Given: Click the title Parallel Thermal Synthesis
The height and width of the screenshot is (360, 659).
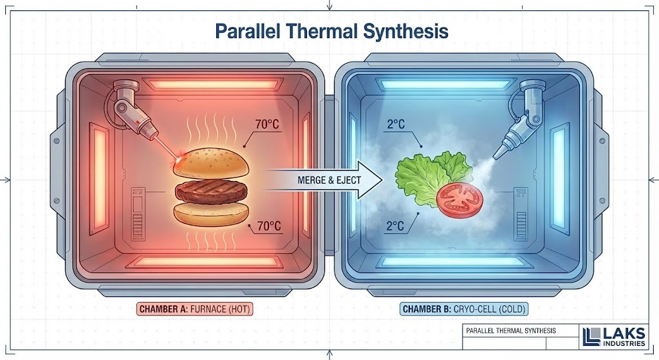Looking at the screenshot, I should click(x=330, y=30).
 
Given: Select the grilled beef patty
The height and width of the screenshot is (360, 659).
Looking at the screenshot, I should click(x=210, y=191).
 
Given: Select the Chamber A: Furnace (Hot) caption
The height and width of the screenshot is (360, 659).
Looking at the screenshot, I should click(x=196, y=308).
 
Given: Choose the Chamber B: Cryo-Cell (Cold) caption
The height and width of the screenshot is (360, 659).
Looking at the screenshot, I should click(x=464, y=309).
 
